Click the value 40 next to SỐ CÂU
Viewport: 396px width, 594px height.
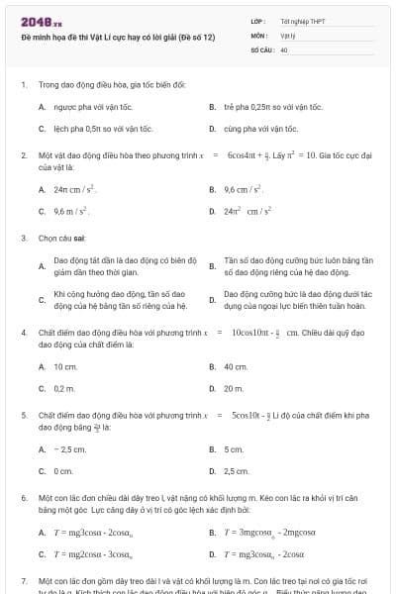(x=284, y=48)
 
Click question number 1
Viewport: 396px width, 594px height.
(x=23, y=85)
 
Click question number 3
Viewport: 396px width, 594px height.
(x=23, y=239)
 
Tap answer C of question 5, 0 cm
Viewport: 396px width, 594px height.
(x=63, y=471)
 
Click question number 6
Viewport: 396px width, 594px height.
(x=23, y=498)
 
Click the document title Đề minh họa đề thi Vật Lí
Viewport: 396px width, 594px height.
(x=117, y=37)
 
